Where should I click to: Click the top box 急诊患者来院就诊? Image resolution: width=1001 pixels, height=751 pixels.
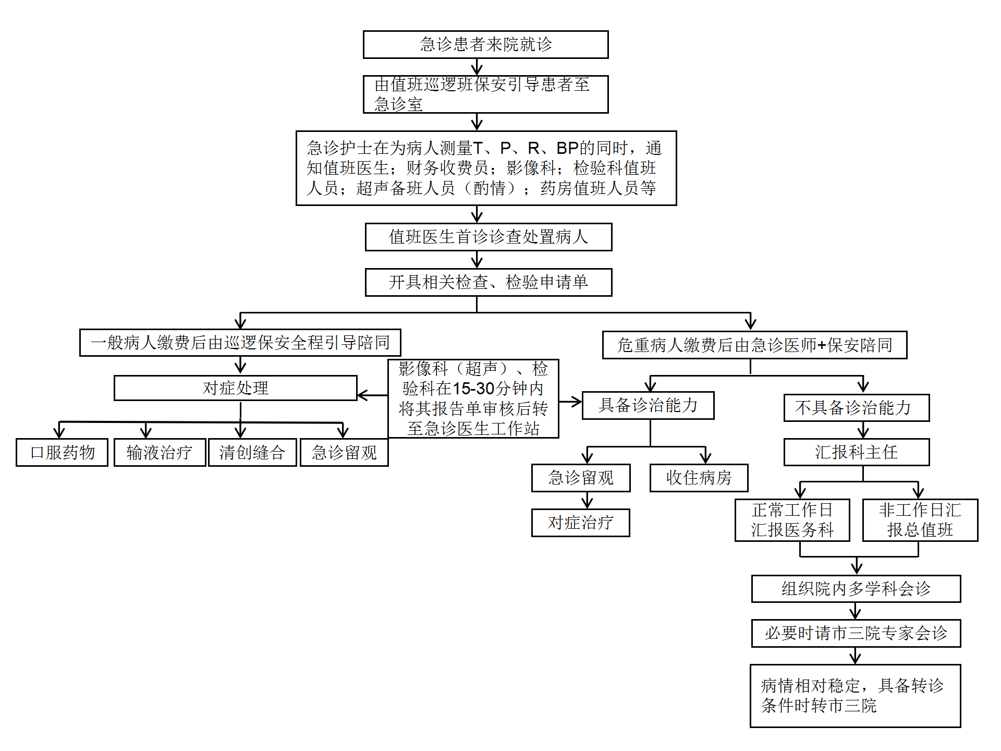click(x=485, y=44)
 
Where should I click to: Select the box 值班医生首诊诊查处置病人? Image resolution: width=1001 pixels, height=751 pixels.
click(x=489, y=237)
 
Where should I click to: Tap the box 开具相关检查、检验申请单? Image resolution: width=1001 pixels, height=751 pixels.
click(x=489, y=282)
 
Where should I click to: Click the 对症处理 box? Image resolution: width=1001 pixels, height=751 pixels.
click(x=235, y=388)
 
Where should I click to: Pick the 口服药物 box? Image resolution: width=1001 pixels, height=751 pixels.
click(x=62, y=452)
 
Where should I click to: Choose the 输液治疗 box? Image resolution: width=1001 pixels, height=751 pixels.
click(x=160, y=452)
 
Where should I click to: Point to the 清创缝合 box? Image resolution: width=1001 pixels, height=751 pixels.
click(x=252, y=452)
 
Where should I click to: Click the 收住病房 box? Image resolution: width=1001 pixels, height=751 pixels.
click(x=699, y=478)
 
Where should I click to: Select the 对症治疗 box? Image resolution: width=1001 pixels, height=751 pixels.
click(x=580, y=523)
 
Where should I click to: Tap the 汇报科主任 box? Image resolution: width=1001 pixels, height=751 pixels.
click(x=856, y=452)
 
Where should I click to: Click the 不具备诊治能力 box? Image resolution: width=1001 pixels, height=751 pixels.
click(x=856, y=407)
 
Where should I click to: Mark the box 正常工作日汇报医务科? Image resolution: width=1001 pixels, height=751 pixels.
click(x=792, y=520)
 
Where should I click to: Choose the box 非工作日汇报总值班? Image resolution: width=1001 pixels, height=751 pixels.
click(x=920, y=520)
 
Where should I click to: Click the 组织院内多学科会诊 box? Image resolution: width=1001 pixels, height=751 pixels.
click(x=856, y=589)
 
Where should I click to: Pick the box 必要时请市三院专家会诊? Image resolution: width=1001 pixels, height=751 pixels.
click(x=856, y=633)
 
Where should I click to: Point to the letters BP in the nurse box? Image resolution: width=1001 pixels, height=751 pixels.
click(x=568, y=148)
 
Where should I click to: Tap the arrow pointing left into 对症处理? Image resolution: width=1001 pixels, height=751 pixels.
click(x=365, y=395)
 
